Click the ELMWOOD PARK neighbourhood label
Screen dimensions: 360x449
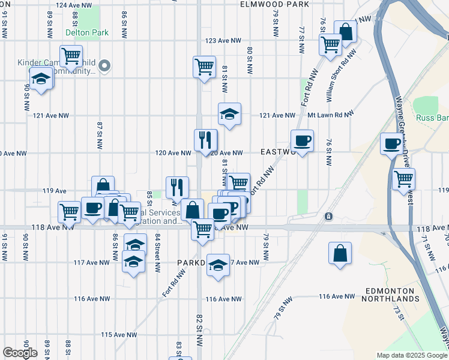274,4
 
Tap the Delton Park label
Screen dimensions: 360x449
87,32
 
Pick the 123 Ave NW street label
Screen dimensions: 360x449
223,41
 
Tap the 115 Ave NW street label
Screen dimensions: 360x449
119,335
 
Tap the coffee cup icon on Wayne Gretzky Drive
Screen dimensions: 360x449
392,144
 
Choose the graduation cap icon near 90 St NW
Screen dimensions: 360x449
41,79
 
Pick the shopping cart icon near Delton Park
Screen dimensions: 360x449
71,56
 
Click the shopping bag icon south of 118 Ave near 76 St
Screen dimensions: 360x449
340,253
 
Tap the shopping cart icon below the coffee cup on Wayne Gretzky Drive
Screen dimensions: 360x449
404,179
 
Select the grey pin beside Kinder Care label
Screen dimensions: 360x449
104,66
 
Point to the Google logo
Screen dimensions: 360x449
20,353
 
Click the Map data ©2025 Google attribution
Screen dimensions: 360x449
412,355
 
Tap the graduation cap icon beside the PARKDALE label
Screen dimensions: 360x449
218,265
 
